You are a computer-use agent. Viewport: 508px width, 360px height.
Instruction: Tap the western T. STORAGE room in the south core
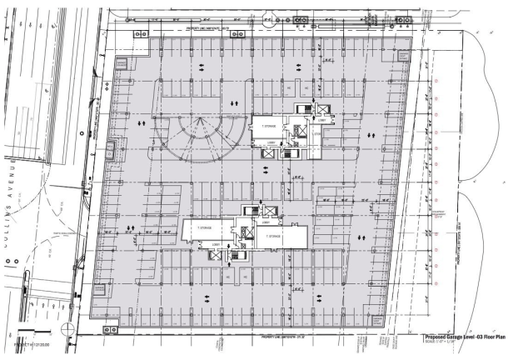point(205,226)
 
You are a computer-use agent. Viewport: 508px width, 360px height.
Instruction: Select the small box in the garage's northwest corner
point(121,62)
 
